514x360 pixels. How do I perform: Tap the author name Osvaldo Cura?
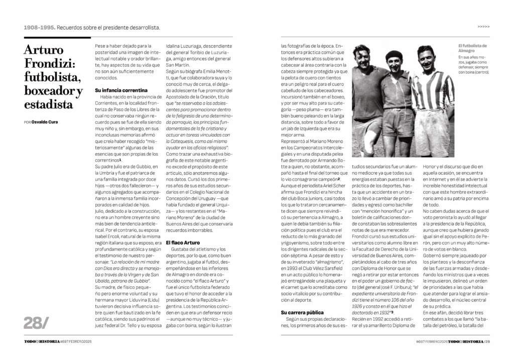[47, 122]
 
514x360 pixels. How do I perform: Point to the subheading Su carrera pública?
[302, 312]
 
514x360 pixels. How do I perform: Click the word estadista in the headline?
[48, 104]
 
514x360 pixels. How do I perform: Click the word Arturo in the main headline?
[44, 50]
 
